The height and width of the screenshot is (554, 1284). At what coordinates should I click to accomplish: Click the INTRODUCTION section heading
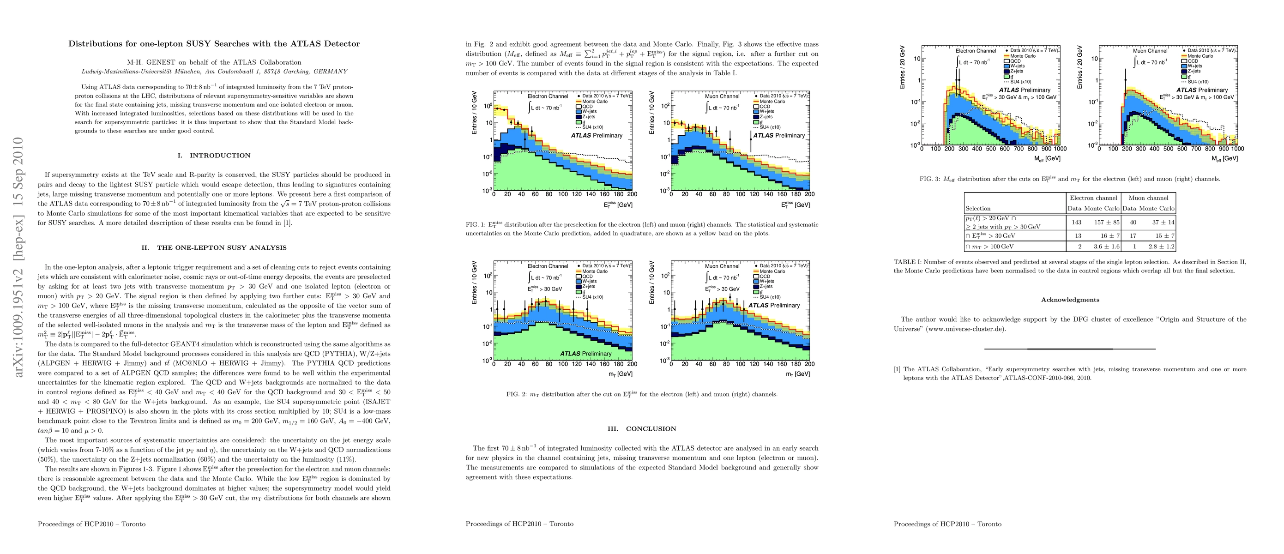220,156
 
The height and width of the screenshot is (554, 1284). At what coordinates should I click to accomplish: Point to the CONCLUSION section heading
651,428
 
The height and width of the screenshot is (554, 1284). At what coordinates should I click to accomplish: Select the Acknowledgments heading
1070,300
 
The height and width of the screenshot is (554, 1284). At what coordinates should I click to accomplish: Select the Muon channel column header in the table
1148,198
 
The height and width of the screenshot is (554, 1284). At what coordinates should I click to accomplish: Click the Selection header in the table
978,208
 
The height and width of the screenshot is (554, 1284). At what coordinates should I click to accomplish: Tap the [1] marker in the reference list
897,369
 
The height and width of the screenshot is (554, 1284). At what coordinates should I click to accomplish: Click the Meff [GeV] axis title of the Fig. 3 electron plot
1046,158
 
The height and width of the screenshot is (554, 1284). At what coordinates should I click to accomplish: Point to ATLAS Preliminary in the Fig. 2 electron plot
586,354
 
